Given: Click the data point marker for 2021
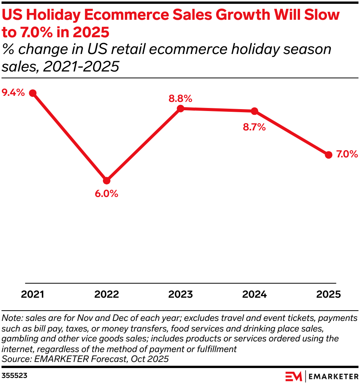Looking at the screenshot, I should click(x=33, y=93).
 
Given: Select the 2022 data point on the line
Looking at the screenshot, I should click(x=107, y=180).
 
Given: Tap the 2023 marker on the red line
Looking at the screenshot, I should click(x=181, y=109).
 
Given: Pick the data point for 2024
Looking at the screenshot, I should click(x=255, y=111).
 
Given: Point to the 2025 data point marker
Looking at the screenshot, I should click(x=329, y=155).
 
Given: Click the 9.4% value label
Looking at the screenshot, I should click(x=13, y=92).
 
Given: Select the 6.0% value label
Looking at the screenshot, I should click(x=107, y=194).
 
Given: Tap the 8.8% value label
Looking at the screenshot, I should click(x=181, y=98).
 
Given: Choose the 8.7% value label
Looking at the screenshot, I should click(x=254, y=127).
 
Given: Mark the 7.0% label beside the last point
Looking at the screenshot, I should click(x=347, y=154).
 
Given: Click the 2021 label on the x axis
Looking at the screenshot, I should click(x=33, y=294).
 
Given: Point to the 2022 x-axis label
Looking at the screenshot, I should click(x=107, y=294).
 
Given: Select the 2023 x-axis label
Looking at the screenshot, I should click(x=181, y=294).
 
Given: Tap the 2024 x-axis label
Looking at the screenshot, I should click(x=255, y=294).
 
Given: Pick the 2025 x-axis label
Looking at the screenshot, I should click(x=329, y=294).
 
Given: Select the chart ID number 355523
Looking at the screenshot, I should click(x=14, y=376).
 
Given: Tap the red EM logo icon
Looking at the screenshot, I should click(x=294, y=376).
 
